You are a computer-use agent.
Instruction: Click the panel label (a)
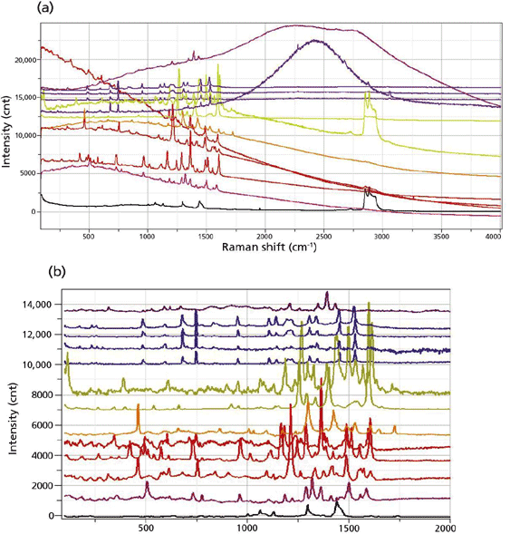pos(45,7)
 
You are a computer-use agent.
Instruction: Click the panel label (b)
pos(57,272)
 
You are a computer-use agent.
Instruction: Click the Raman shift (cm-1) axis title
pos(269,247)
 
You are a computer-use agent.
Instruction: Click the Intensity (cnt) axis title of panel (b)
pos(13,418)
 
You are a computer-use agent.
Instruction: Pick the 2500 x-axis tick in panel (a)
pos(323,237)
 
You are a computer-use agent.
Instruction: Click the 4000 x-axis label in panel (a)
pos(494,237)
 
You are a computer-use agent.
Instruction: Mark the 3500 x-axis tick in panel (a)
pos(441,237)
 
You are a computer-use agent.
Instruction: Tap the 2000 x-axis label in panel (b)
pos(447,529)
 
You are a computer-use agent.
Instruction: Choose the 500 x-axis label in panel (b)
pos(145,529)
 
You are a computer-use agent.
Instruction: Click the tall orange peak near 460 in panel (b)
pos(138,404)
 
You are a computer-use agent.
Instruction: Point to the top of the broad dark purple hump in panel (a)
pos(315,40)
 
